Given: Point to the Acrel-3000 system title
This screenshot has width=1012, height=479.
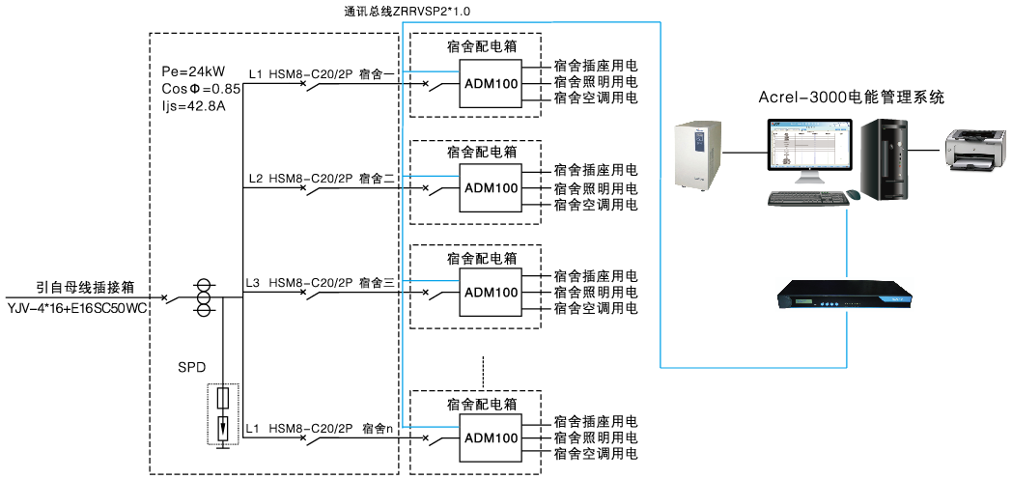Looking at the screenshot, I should (x=850, y=98).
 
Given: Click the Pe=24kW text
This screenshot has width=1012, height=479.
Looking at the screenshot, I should (x=194, y=72).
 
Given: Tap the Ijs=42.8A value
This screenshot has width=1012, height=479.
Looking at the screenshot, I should (x=193, y=105).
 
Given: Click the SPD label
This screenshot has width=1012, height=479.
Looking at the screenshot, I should (x=192, y=368).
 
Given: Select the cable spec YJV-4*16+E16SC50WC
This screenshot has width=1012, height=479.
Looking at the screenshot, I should (x=77, y=308).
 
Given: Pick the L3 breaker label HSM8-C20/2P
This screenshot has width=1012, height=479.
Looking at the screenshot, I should (x=310, y=283).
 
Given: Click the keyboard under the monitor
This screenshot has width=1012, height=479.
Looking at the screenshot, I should (x=805, y=198).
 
